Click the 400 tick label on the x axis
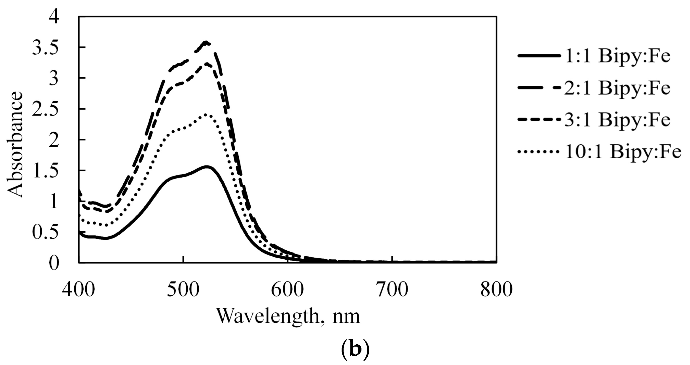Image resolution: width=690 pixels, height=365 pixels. tap(78, 289)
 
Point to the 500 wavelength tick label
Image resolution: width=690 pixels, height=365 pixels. tap(183, 289)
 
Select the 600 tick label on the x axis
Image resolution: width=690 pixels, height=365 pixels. tap(287, 289)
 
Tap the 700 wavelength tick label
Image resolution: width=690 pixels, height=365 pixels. tap(392, 289)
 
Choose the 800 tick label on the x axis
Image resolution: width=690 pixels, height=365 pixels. tap(496, 289)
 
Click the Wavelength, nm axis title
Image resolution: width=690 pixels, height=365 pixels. tap(288, 316)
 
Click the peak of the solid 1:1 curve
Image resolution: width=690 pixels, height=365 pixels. tap(207, 167)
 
